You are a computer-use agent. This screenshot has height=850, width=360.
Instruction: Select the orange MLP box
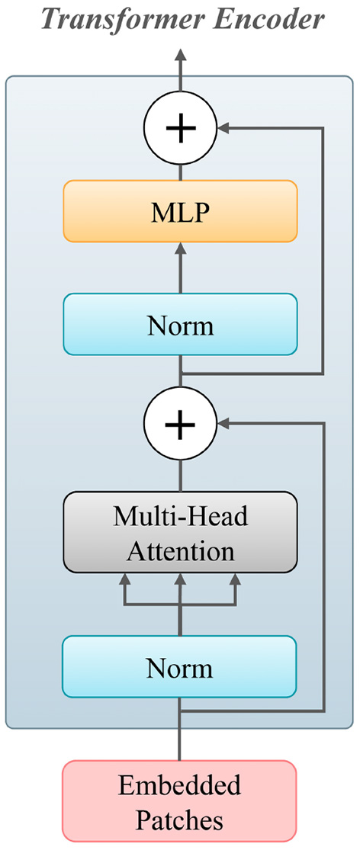tap(180, 211)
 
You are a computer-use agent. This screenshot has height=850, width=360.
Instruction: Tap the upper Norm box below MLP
tap(180, 325)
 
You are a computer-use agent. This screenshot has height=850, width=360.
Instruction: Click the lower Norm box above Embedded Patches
tap(180, 667)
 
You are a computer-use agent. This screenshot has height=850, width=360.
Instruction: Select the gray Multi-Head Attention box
tap(180, 532)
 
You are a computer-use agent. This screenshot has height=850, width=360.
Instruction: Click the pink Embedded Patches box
tap(180, 804)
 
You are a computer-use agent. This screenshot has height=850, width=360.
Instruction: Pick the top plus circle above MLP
tap(180, 129)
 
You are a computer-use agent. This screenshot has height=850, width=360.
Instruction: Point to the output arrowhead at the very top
tap(180, 55)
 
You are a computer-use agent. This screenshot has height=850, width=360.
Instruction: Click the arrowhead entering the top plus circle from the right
tap(225, 129)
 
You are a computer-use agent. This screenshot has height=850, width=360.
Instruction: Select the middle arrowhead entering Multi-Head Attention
tap(180, 579)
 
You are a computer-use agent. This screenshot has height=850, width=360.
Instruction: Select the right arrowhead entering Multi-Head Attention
tap(235, 579)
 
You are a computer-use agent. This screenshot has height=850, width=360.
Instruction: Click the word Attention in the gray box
tap(180, 549)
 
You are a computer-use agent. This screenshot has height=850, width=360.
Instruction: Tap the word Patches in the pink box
tap(180, 821)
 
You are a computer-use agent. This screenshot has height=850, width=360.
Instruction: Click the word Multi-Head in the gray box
tap(180, 517)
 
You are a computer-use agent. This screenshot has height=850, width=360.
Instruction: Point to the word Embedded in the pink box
tap(180, 786)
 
